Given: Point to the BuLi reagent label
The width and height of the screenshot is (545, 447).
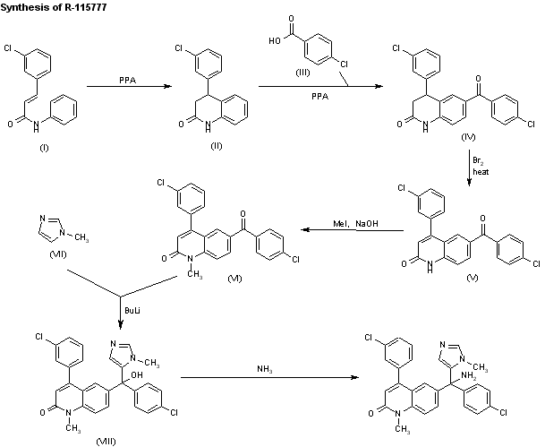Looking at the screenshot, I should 132,307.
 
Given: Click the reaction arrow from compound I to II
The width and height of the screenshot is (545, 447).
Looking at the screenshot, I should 125,87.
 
